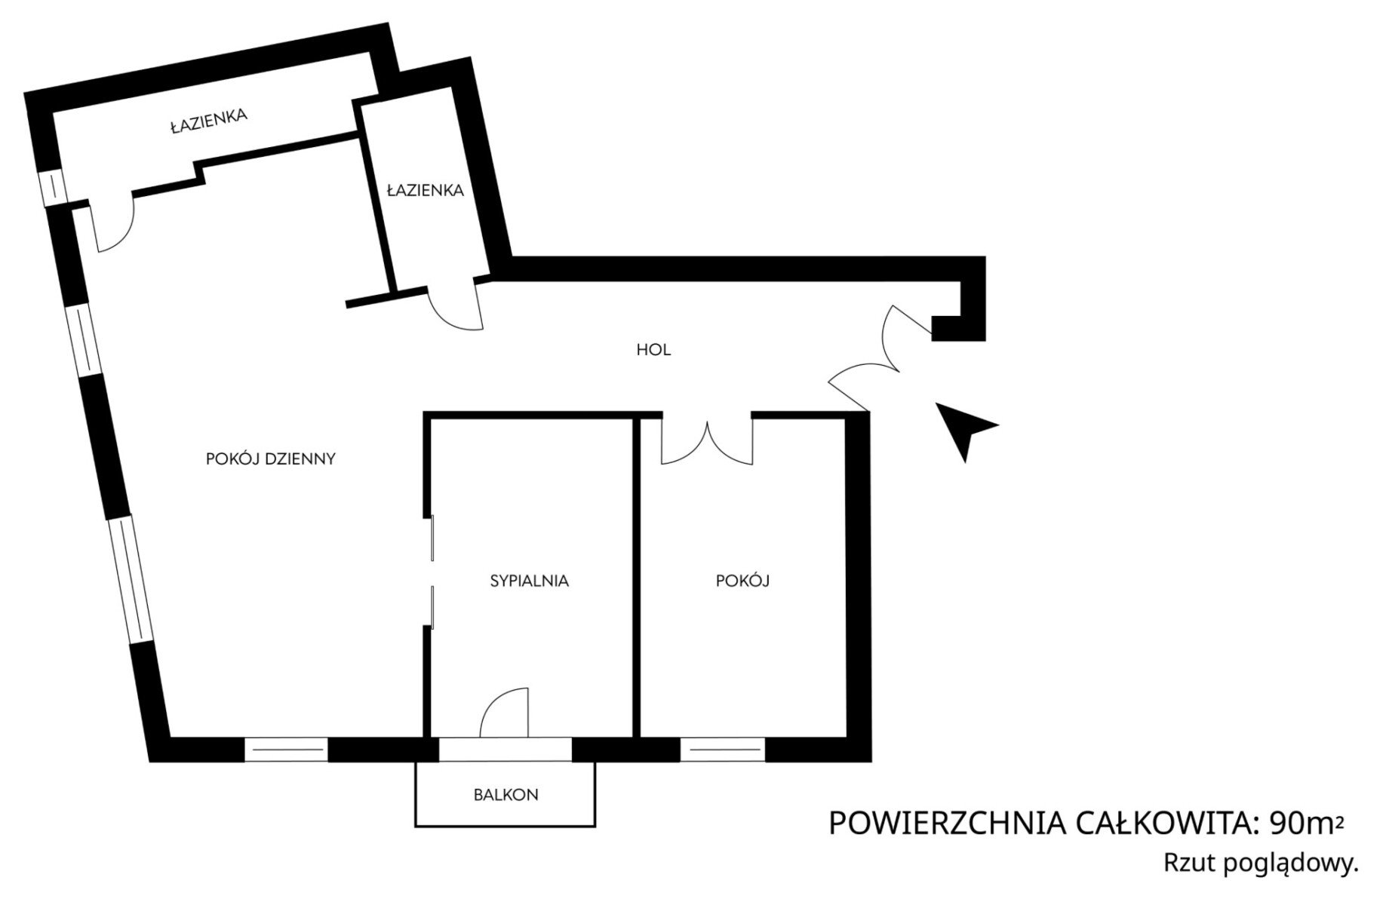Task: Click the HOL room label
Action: coord(653,350)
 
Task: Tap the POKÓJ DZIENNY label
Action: coord(271,459)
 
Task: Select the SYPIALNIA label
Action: coord(530,581)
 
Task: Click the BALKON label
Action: coord(506,794)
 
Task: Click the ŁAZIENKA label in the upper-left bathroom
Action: coord(209,121)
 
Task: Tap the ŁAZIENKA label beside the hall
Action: coord(426,191)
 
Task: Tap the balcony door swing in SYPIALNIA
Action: coord(504,713)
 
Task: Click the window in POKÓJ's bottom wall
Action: coord(723,750)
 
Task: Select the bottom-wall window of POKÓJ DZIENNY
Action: coord(286,750)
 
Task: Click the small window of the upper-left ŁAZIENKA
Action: coord(53,187)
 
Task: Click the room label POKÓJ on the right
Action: coord(742,581)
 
